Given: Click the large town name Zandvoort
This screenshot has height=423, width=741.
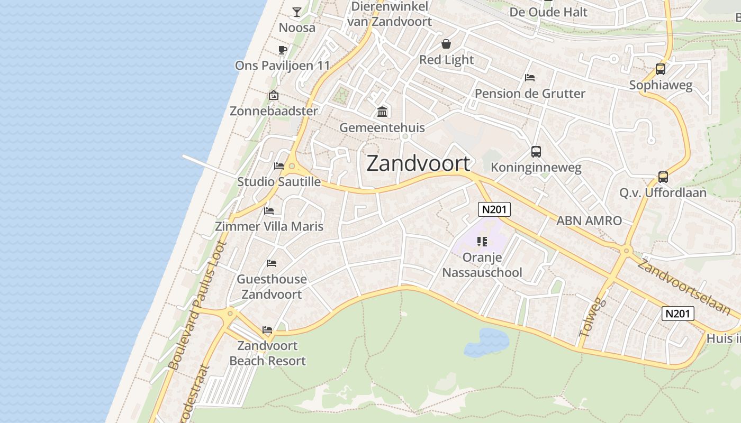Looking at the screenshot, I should tap(418, 163).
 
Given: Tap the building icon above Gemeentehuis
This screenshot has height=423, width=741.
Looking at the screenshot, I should tap(382, 112).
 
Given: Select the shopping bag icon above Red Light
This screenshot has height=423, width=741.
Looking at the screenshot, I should tap(446, 43).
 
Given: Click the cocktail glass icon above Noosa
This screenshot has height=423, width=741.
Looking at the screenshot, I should tap(297, 12).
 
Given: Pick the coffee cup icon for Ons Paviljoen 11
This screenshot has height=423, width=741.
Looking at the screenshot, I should tap(283, 50).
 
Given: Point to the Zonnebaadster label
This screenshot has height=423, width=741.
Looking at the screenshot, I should tap(274, 111).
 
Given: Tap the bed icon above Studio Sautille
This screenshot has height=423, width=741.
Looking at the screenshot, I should tap(279, 166).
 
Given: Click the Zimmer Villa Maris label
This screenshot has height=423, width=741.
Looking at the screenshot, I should tap(269, 226).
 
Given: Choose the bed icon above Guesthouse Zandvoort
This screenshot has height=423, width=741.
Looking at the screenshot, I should tap(272, 263).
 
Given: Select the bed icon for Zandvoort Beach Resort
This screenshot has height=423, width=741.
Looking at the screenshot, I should tap(267, 330).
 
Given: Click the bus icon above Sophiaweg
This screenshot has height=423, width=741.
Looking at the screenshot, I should tap(660, 69).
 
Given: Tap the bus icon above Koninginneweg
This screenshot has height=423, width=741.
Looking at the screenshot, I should tap(536, 152).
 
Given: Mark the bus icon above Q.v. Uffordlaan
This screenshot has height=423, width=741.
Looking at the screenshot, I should tap(663, 177).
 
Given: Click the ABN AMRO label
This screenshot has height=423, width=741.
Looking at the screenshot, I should tap(589, 220).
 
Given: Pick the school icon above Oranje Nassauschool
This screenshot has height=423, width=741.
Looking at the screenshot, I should tap(482, 242).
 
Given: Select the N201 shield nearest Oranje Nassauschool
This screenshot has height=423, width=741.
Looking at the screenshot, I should tap(494, 209).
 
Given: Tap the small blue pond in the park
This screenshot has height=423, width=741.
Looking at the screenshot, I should tap(486, 341).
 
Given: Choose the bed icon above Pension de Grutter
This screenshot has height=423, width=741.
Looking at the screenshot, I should tap(530, 78).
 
